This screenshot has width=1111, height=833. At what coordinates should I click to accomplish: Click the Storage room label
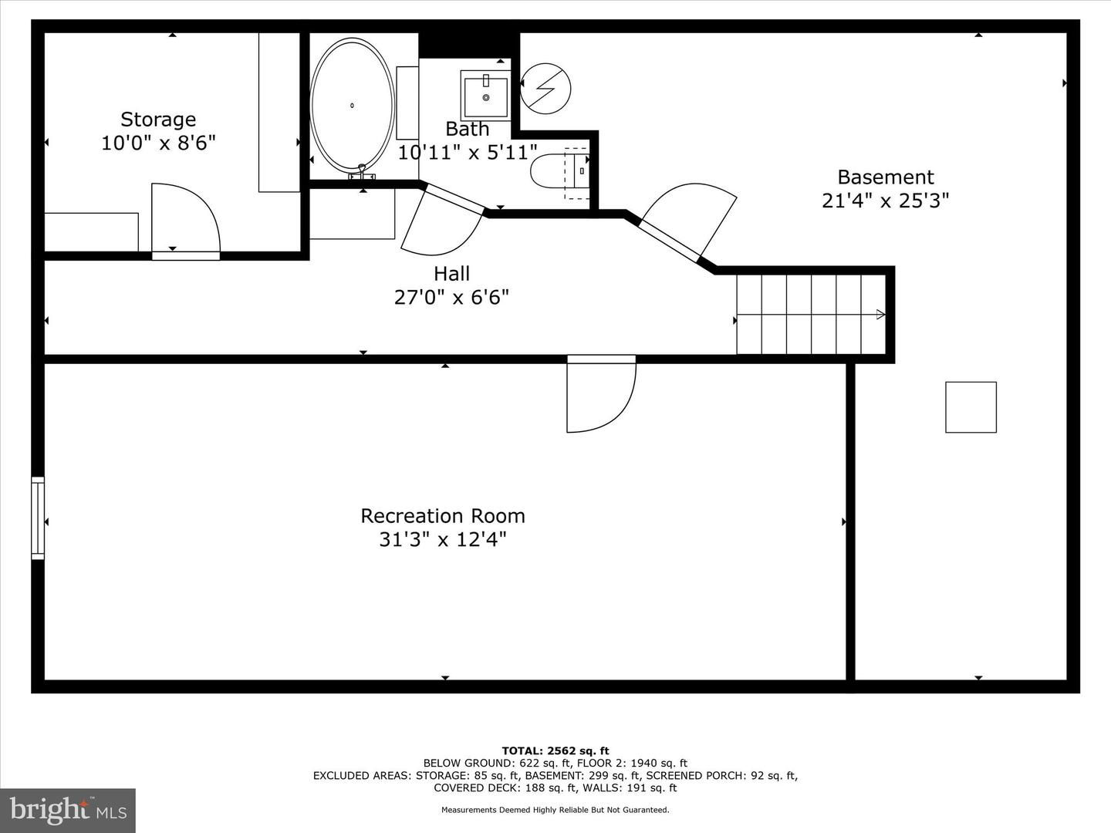pos(158,120)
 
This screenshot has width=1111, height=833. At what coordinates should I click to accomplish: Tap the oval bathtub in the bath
pos(351,106)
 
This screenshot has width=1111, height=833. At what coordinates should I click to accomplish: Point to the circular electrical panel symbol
pos(545,88)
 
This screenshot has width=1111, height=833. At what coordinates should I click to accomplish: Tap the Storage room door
pos(185,220)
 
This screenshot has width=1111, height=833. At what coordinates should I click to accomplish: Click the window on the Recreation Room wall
pos(37,518)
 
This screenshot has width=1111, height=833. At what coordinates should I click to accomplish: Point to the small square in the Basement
pos(971,407)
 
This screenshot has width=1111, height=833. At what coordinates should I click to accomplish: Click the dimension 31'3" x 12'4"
pos(443,539)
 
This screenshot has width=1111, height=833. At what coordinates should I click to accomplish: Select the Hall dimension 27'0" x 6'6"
pos(451,297)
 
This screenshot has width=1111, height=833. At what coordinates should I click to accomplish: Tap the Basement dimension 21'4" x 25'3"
pos(885,201)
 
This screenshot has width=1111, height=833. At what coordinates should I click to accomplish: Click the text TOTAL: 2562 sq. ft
pos(555,750)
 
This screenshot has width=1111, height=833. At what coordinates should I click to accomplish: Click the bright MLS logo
pos(68,810)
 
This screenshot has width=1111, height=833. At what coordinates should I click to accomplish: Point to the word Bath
pos(467,129)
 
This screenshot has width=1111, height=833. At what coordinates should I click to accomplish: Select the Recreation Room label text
pos(443,516)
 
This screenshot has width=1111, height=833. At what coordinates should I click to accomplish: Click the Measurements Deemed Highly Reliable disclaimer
pos(555,810)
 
